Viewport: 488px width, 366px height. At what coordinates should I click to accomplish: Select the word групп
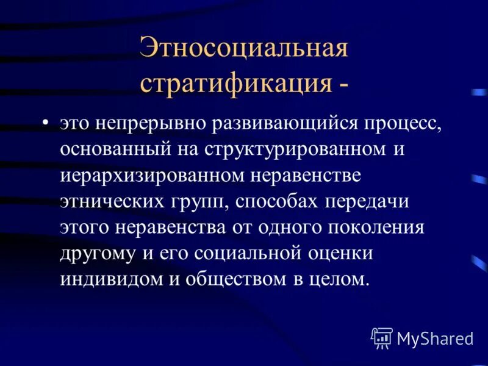196,201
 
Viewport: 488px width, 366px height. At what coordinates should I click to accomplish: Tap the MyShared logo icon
382,337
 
